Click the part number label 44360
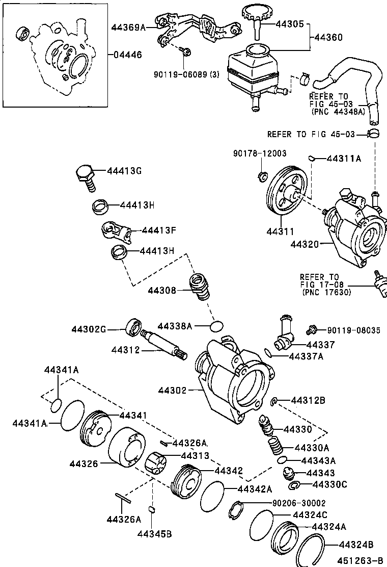tap(328, 38)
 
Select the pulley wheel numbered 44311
tap(286, 193)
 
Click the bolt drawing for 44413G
tap(85, 176)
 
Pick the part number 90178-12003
tap(260, 153)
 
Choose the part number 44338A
tap(175, 326)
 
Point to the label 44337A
tap(306, 356)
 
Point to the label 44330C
tap(329, 484)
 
